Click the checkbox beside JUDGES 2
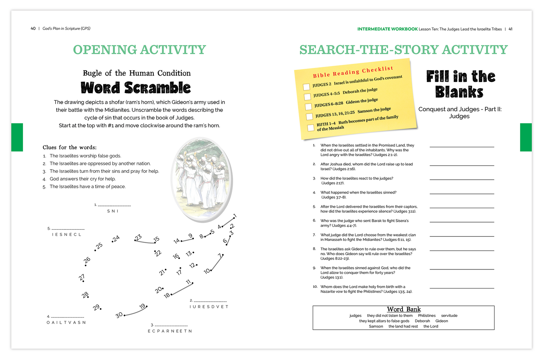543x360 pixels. point(306,87)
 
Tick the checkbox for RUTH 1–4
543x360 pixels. point(311,127)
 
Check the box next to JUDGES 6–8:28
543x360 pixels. point(309,107)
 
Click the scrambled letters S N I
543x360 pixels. point(113,211)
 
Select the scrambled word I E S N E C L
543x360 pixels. point(67,234)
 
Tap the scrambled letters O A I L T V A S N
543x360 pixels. point(66,322)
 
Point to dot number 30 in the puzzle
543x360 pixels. point(124,315)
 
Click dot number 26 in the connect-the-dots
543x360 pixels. point(86,265)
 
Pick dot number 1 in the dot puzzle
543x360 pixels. point(233,218)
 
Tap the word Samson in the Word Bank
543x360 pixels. point(376,326)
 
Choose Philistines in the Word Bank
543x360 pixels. point(427,316)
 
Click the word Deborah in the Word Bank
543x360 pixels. point(422,321)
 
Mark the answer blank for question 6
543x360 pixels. point(462,222)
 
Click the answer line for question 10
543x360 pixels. point(462,288)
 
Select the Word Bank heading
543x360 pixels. point(404,309)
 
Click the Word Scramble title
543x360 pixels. point(136,88)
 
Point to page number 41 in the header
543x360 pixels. point(510,29)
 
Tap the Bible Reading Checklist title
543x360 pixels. point(353,72)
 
